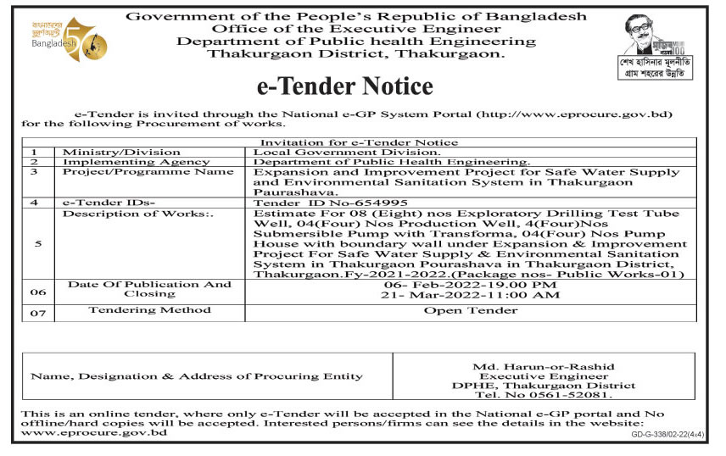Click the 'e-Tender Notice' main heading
344,87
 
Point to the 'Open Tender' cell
471,310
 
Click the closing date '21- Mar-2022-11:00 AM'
471,295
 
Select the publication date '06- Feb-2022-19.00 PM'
471,285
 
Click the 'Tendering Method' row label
148,310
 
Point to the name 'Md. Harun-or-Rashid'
544,365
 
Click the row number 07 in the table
38,313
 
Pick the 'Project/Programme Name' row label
148,172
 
